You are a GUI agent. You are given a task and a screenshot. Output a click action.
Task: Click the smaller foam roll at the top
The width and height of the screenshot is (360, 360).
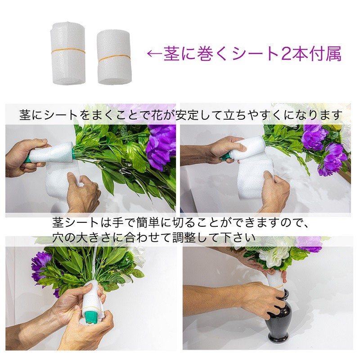113,57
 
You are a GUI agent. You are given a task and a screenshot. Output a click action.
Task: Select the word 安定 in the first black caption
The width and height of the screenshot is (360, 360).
189,115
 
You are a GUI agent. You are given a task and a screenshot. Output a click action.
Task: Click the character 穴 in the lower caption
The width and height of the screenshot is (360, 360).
57,236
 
